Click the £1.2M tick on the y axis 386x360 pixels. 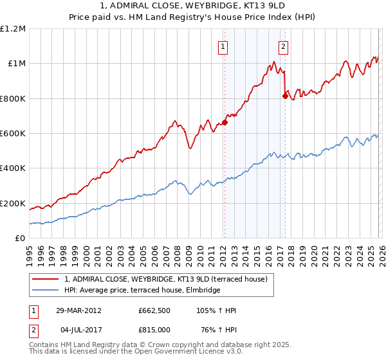coord(13,29)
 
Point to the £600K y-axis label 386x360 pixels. coord(13,134)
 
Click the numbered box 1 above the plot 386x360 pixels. coord(223,46)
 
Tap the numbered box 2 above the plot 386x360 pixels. coord(283,46)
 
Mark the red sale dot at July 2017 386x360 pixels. coord(285,96)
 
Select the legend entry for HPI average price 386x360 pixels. coord(142,290)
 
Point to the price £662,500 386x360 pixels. coord(154,310)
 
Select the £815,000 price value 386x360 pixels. coord(154,330)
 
